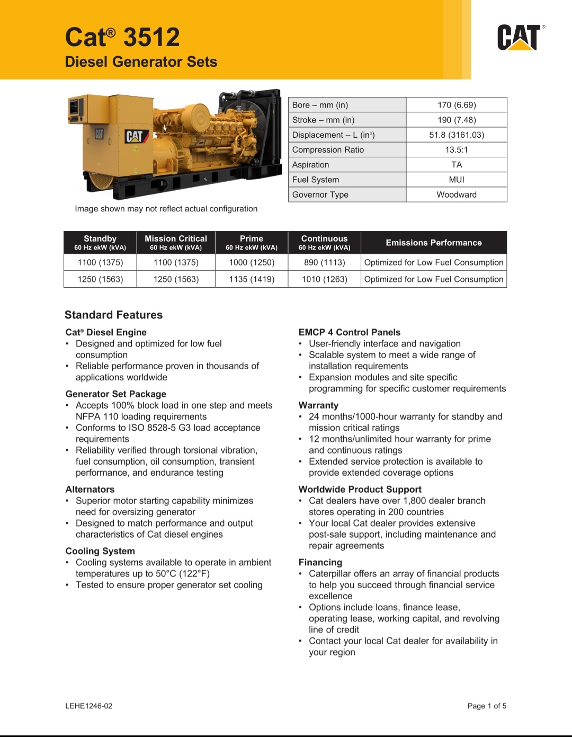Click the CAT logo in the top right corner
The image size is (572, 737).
point(519,38)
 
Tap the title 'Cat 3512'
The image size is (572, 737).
point(122,38)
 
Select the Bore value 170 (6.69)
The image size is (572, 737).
point(456,105)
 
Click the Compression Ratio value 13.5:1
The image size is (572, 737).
point(456,150)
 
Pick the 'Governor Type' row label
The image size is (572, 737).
point(320,194)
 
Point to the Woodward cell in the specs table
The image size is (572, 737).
point(456,194)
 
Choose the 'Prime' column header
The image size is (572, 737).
point(252,239)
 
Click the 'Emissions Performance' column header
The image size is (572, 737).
point(433,243)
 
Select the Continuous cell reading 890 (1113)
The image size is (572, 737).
point(324,262)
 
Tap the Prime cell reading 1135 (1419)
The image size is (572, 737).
point(252,279)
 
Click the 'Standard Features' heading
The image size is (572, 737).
point(113,315)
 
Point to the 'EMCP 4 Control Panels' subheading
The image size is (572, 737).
point(349,332)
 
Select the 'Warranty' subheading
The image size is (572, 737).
point(318,405)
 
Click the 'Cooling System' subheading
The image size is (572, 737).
point(100,551)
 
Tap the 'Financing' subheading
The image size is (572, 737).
point(320,562)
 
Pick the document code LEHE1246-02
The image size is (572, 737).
point(88,706)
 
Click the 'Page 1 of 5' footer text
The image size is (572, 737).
point(487,706)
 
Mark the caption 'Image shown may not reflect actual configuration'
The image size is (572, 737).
point(166,209)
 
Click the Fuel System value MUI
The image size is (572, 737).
point(456,180)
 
